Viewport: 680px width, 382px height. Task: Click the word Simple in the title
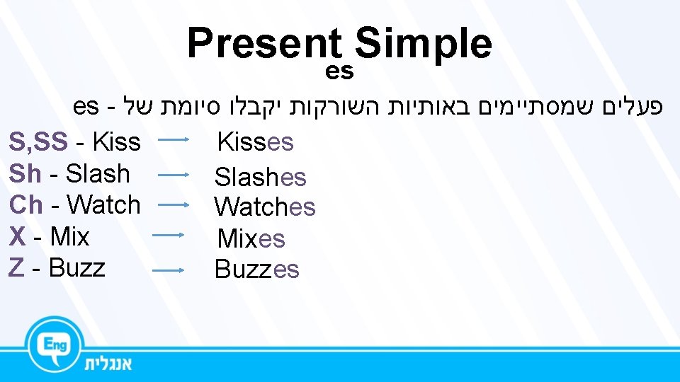click(x=424, y=44)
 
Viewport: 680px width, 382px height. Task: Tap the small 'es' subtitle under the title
click(x=339, y=71)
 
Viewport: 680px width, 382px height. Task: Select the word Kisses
click(x=255, y=141)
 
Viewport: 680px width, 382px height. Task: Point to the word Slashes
click(x=260, y=176)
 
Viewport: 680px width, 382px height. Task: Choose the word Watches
click(x=264, y=207)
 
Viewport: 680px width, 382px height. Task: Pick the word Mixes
click(x=251, y=238)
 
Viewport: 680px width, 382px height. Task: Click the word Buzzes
click(x=256, y=269)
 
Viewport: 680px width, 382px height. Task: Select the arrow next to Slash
click(x=173, y=173)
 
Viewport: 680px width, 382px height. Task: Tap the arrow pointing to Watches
click(x=173, y=204)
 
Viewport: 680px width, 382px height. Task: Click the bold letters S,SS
click(x=38, y=142)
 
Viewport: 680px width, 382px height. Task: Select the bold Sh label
click(x=25, y=173)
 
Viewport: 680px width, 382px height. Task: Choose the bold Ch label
click(x=25, y=204)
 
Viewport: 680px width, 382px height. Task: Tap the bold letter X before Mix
click(x=18, y=236)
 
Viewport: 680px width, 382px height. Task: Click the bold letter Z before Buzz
click(x=17, y=267)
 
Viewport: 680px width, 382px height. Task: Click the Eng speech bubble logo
click(x=56, y=345)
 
